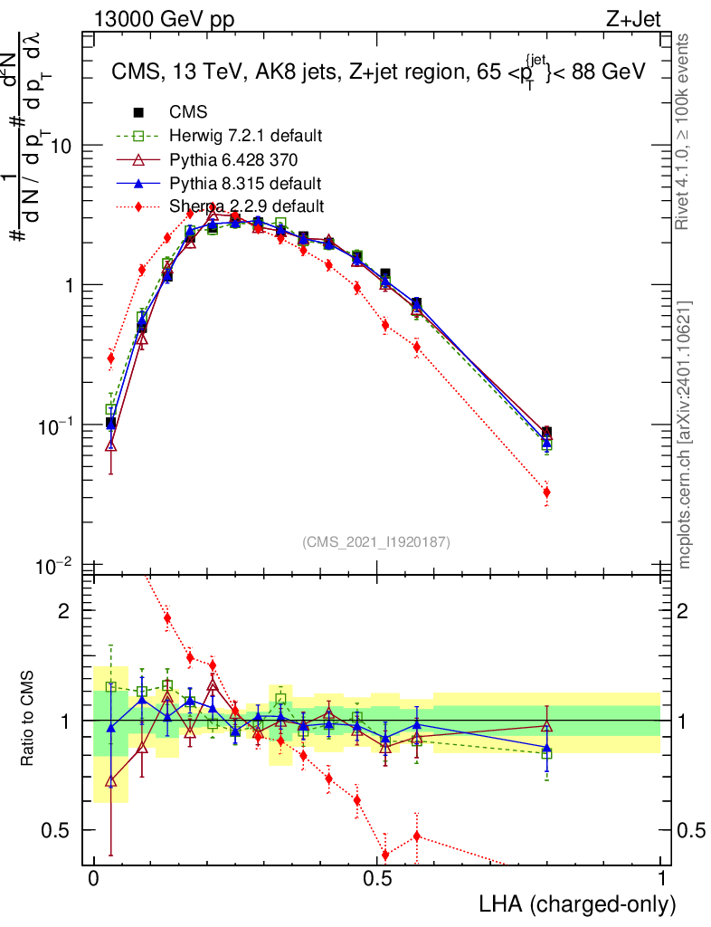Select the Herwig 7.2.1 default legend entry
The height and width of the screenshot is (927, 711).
point(245,137)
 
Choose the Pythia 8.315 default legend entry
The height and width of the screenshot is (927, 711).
point(245,183)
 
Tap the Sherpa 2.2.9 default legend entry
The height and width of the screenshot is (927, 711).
point(245,206)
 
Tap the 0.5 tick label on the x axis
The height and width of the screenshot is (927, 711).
point(377,879)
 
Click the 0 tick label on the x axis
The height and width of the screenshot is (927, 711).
point(93,879)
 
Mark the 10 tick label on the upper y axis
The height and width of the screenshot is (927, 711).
point(59,146)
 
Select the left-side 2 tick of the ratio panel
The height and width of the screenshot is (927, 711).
point(64,611)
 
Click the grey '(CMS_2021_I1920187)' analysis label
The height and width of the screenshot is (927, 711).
point(375,541)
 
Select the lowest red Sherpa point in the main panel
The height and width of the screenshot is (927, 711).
point(546,492)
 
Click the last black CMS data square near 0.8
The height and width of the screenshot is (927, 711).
point(546,433)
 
